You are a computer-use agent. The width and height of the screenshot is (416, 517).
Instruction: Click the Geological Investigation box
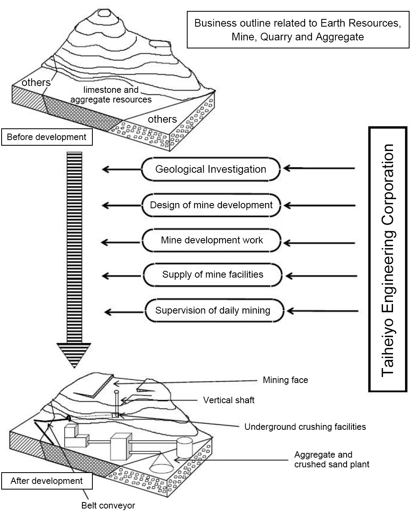click(211, 169)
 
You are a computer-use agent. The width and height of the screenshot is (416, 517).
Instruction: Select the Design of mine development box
click(211, 205)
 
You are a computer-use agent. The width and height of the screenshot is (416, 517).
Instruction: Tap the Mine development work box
click(212, 241)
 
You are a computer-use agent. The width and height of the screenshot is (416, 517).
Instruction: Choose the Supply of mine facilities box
click(213, 275)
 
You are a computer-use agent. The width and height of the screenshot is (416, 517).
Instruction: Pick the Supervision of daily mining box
click(213, 310)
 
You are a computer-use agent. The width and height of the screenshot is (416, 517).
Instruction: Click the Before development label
click(46, 137)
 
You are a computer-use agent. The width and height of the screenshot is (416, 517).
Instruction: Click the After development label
click(46, 481)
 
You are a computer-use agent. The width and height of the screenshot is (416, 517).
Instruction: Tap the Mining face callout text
click(285, 380)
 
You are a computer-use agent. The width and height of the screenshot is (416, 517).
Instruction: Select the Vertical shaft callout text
click(229, 400)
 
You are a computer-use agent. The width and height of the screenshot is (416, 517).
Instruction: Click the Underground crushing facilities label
click(305, 427)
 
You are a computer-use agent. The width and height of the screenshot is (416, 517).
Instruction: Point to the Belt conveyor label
click(108, 505)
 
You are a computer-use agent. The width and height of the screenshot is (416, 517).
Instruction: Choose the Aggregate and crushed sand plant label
click(332, 459)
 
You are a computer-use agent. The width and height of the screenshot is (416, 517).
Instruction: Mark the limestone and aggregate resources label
click(111, 94)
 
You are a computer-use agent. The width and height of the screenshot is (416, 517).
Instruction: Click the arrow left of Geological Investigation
click(121, 170)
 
